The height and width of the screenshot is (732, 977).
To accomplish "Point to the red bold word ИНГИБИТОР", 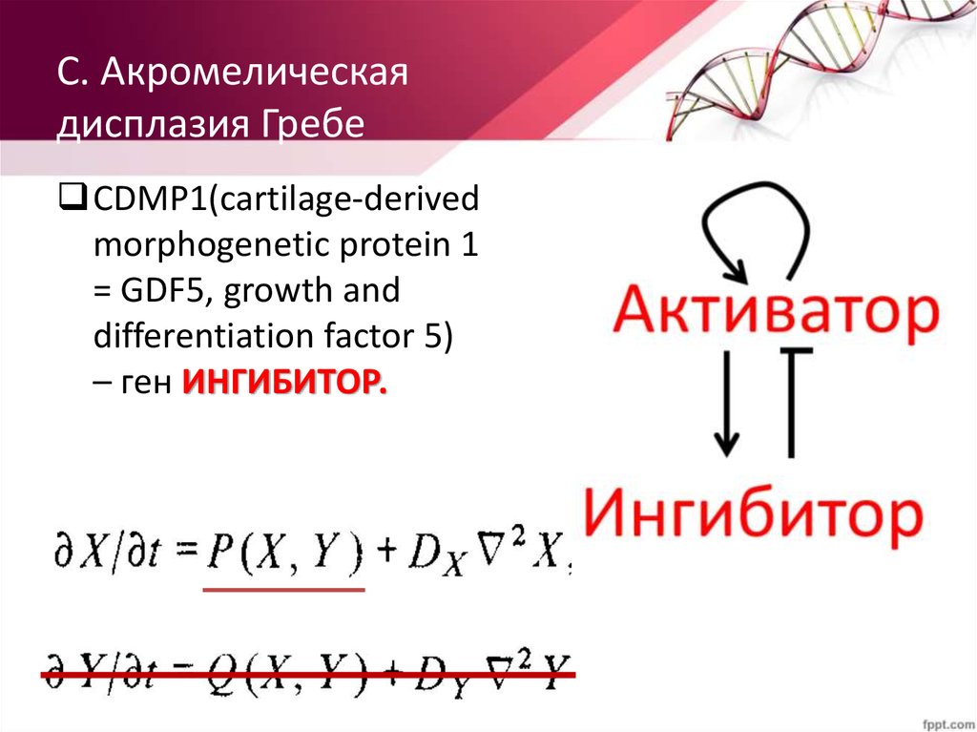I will tap(284, 383).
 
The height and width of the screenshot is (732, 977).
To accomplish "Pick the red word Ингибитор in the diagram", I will tap(753, 514).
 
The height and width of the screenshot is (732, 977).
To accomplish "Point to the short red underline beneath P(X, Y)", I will tap(284, 591).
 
